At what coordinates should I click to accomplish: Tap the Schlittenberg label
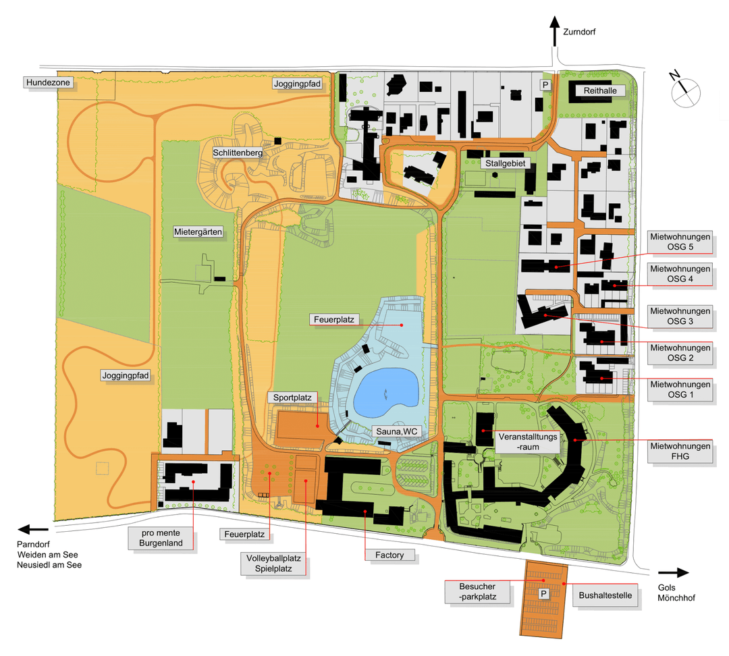point(237,152)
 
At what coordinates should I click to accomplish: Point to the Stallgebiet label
point(504,163)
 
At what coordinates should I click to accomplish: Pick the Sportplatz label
point(292,398)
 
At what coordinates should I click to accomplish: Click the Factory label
point(390,555)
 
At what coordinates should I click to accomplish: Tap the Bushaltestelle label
point(605,596)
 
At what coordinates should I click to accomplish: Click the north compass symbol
point(686,90)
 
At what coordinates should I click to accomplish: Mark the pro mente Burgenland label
point(161,538)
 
